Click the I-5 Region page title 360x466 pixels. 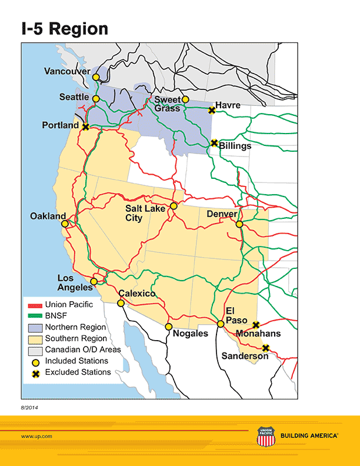point(65,29)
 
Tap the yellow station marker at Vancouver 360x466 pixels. point(96,70)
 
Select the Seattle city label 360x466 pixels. point(74,97)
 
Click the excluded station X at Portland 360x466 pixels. point(86,127)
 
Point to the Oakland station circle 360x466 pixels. point(65,224)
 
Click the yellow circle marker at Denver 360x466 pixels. point(239,224)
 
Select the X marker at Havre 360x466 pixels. point(212,110)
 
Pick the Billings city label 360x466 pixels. point(235,146)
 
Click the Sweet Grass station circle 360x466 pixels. point(185,99)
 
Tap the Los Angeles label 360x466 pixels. point(74,282)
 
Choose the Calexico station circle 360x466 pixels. point(121,303)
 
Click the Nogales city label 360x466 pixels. point(190,334)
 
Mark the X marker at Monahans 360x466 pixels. point(256,325)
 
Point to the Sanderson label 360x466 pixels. point(245,356)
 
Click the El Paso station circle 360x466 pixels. point(221,324)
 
